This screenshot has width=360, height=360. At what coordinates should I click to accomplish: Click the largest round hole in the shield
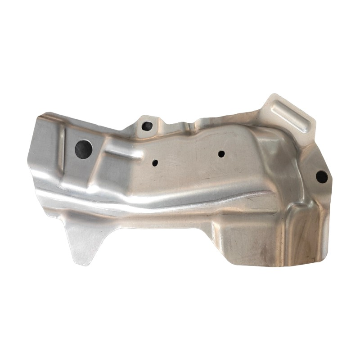[x=84, y=148]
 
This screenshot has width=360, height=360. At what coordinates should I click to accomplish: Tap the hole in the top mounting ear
[x=146, y=126]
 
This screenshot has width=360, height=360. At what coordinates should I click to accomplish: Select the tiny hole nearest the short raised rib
[x=155, y=163]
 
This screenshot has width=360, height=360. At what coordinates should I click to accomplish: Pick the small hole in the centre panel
[x=221, y=154]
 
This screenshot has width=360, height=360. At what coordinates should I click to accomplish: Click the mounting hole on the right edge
[x=321, y=177]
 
